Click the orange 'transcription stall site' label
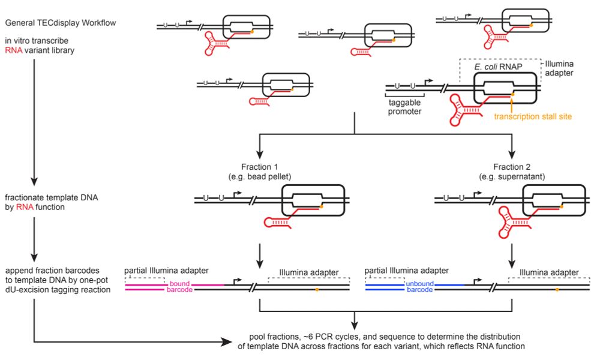[x=531, y=116]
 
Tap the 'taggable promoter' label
[x=404, y=107]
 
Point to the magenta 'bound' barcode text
[x=179, y=283]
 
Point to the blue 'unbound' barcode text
[x=420, y=283]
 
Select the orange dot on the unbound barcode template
[x=557, y=289]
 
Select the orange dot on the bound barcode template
[x=317, y=289]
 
